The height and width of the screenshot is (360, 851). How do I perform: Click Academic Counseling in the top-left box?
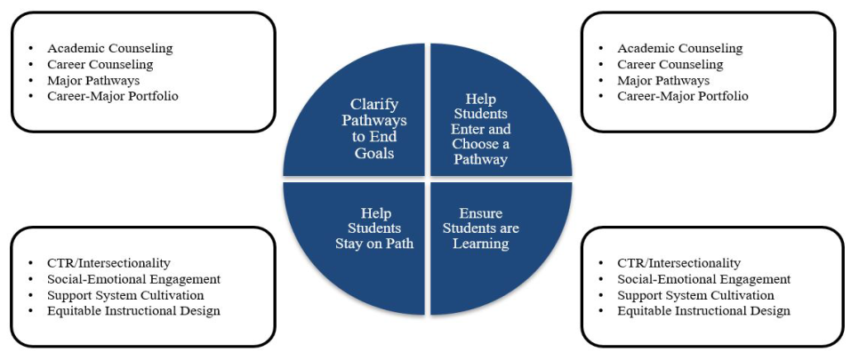point(109,48)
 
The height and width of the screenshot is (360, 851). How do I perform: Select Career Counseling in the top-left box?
point(100,64)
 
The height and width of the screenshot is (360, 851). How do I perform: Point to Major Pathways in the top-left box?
point(95,80)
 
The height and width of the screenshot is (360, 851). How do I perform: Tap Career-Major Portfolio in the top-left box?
point(113,96)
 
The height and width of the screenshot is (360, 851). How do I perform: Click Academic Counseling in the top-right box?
point(679,48)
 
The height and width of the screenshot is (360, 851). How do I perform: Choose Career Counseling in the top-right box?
point(670,64)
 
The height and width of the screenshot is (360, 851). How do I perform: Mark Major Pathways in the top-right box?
point(665,80)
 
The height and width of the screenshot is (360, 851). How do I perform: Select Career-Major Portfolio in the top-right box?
point(683,96)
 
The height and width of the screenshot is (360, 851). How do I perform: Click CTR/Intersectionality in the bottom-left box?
point(108,263)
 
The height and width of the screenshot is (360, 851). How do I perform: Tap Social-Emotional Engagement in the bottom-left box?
point(133,279)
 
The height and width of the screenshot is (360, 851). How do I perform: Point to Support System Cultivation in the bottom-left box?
point(125,295)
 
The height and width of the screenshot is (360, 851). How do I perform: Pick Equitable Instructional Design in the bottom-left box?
point(133,311)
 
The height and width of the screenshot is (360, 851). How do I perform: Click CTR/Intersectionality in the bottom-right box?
point(678,263)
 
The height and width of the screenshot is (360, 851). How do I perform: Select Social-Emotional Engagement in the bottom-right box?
point(703,279)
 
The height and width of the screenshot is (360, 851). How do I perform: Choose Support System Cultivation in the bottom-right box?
point(695,295)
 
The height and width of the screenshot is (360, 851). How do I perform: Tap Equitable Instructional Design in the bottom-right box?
point(703,311)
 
